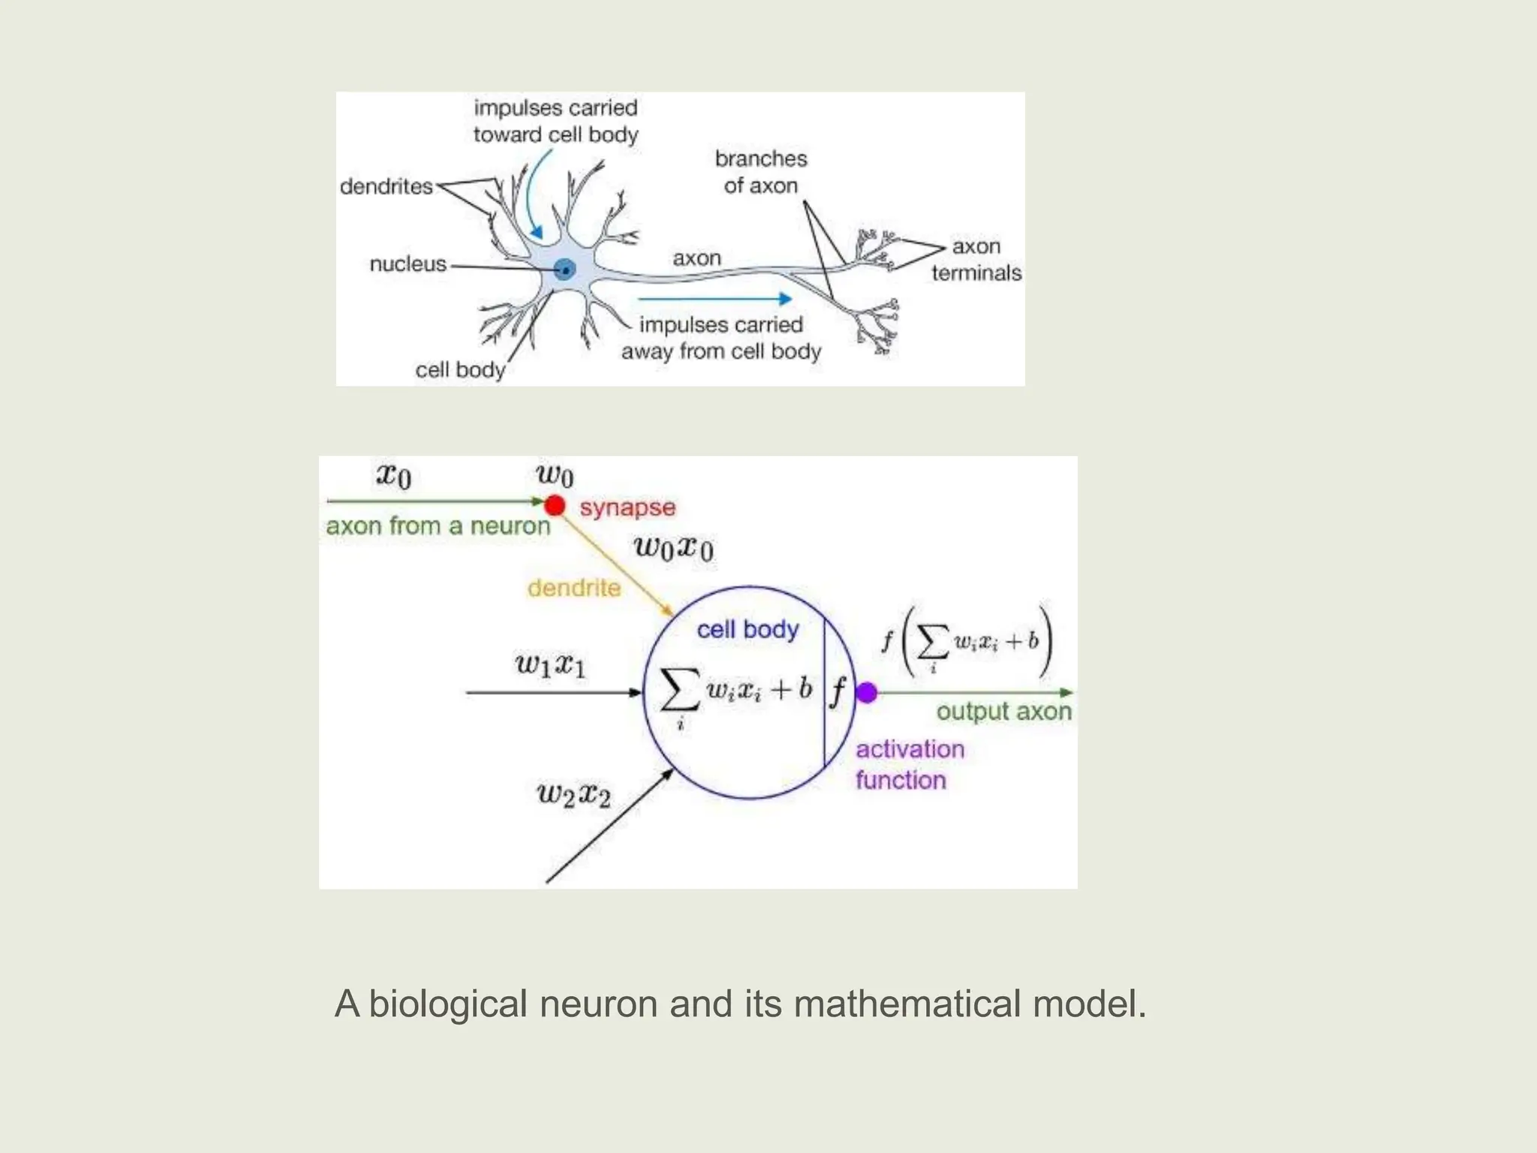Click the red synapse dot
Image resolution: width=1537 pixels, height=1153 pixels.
[x=555, y=505]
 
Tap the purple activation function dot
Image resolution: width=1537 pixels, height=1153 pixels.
[x=867, y=693]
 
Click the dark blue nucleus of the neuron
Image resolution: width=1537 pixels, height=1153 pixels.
[x=564, y=269]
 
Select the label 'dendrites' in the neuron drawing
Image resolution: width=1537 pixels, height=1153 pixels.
[x=387, y=186]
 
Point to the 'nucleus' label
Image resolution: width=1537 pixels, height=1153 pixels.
[x=408, y=264]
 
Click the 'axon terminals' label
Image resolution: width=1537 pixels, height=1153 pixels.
[x=976, y=259]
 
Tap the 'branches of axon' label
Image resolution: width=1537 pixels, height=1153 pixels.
[x=760, y=172]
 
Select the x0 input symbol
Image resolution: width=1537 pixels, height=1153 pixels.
[x=394, y=476]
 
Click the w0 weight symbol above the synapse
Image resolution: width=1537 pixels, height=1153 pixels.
[x=555, y=475]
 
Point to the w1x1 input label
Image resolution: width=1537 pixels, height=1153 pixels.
[x=550, y=665]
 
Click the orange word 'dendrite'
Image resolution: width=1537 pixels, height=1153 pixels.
[x=574, y=588]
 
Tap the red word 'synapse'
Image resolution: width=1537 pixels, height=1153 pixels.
[x=627, y=507]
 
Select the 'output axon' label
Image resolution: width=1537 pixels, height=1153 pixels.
[x=1003, y=711]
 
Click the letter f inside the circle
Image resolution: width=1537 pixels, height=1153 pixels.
[x=838, y=691]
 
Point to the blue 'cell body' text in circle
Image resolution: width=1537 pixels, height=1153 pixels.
[x=747, y=630]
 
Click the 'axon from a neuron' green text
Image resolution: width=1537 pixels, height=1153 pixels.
[x=438, y=526]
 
